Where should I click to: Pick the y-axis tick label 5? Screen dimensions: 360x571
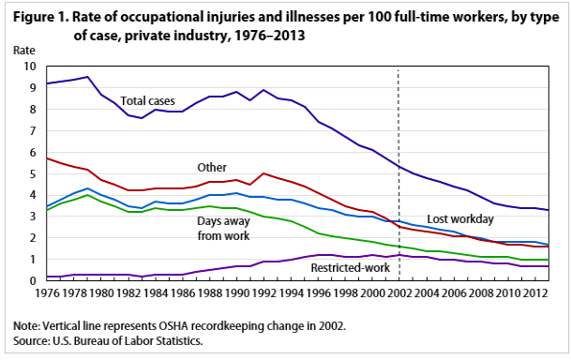pyautogui.click(x=32, y=173)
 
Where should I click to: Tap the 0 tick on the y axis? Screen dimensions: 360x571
pyautogui.click(x=32, y=281)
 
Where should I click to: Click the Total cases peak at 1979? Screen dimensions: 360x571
pyautogui.click(x=86, y=77)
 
